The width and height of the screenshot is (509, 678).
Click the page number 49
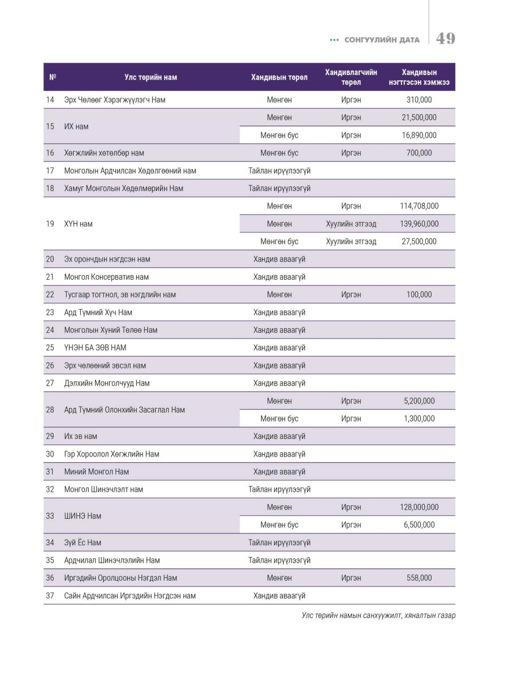coord(445,38)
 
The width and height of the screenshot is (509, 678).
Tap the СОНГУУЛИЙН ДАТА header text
coord(382,40)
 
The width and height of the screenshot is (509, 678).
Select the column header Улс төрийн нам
coord(150,77)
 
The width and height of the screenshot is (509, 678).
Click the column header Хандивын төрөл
coord(279,77)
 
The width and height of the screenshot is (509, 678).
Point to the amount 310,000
coord(419,100)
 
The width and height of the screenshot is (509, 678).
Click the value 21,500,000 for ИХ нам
coord(419,118)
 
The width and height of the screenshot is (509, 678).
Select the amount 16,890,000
coord(419,135)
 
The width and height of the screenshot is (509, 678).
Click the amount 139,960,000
coord(419,224)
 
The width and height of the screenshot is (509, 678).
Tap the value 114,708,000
coord(419,206)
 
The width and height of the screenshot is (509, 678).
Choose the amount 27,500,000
coord(419,242)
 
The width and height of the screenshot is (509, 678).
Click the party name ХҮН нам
coord(79,224)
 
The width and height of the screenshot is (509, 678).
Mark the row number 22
coord(50,295)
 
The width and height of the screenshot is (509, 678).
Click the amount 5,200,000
coord(419,401)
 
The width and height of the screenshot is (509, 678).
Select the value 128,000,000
coord(419,507)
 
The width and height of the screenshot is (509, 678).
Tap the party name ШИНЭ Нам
coord(83,516)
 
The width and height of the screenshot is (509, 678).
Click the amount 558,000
coord(419,578)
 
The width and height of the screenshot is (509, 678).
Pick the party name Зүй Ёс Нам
coord(83,543)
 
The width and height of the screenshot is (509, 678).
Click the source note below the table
coord(378,615)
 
